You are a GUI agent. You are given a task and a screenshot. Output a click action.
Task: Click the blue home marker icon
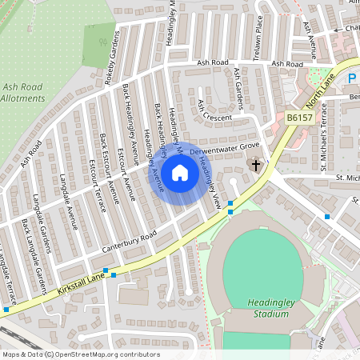[180, 173]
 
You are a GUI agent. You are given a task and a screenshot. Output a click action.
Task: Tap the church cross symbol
[256, 166]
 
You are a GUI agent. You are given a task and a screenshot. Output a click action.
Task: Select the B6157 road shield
[298, 118]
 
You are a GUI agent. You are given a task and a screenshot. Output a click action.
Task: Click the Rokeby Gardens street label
[113, 50]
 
